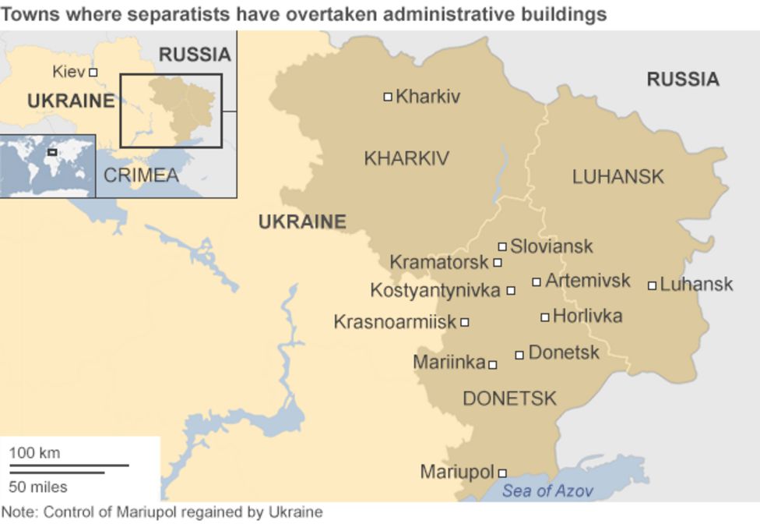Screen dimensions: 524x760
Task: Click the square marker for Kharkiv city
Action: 388,97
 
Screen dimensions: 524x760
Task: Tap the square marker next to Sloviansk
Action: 502,246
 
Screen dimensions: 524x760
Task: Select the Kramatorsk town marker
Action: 498,263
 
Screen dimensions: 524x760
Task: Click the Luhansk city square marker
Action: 652,285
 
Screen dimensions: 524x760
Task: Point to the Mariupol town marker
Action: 502,473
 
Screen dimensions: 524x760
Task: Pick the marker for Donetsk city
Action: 519,355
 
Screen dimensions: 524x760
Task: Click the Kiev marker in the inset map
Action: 93,72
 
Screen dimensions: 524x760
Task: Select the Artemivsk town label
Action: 587,281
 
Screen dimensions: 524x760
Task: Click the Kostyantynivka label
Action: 435,291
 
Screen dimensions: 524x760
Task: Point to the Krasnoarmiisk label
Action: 394,322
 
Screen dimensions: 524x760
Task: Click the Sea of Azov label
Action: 547,490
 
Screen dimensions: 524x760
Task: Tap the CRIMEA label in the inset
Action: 141,175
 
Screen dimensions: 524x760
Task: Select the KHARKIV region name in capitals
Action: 406,159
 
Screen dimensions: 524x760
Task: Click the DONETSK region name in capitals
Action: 509,399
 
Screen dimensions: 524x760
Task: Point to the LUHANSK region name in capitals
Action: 618,177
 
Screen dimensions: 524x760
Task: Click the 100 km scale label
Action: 34,453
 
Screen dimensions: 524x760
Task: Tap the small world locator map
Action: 47,165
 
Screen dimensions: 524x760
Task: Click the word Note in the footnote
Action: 19,512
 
